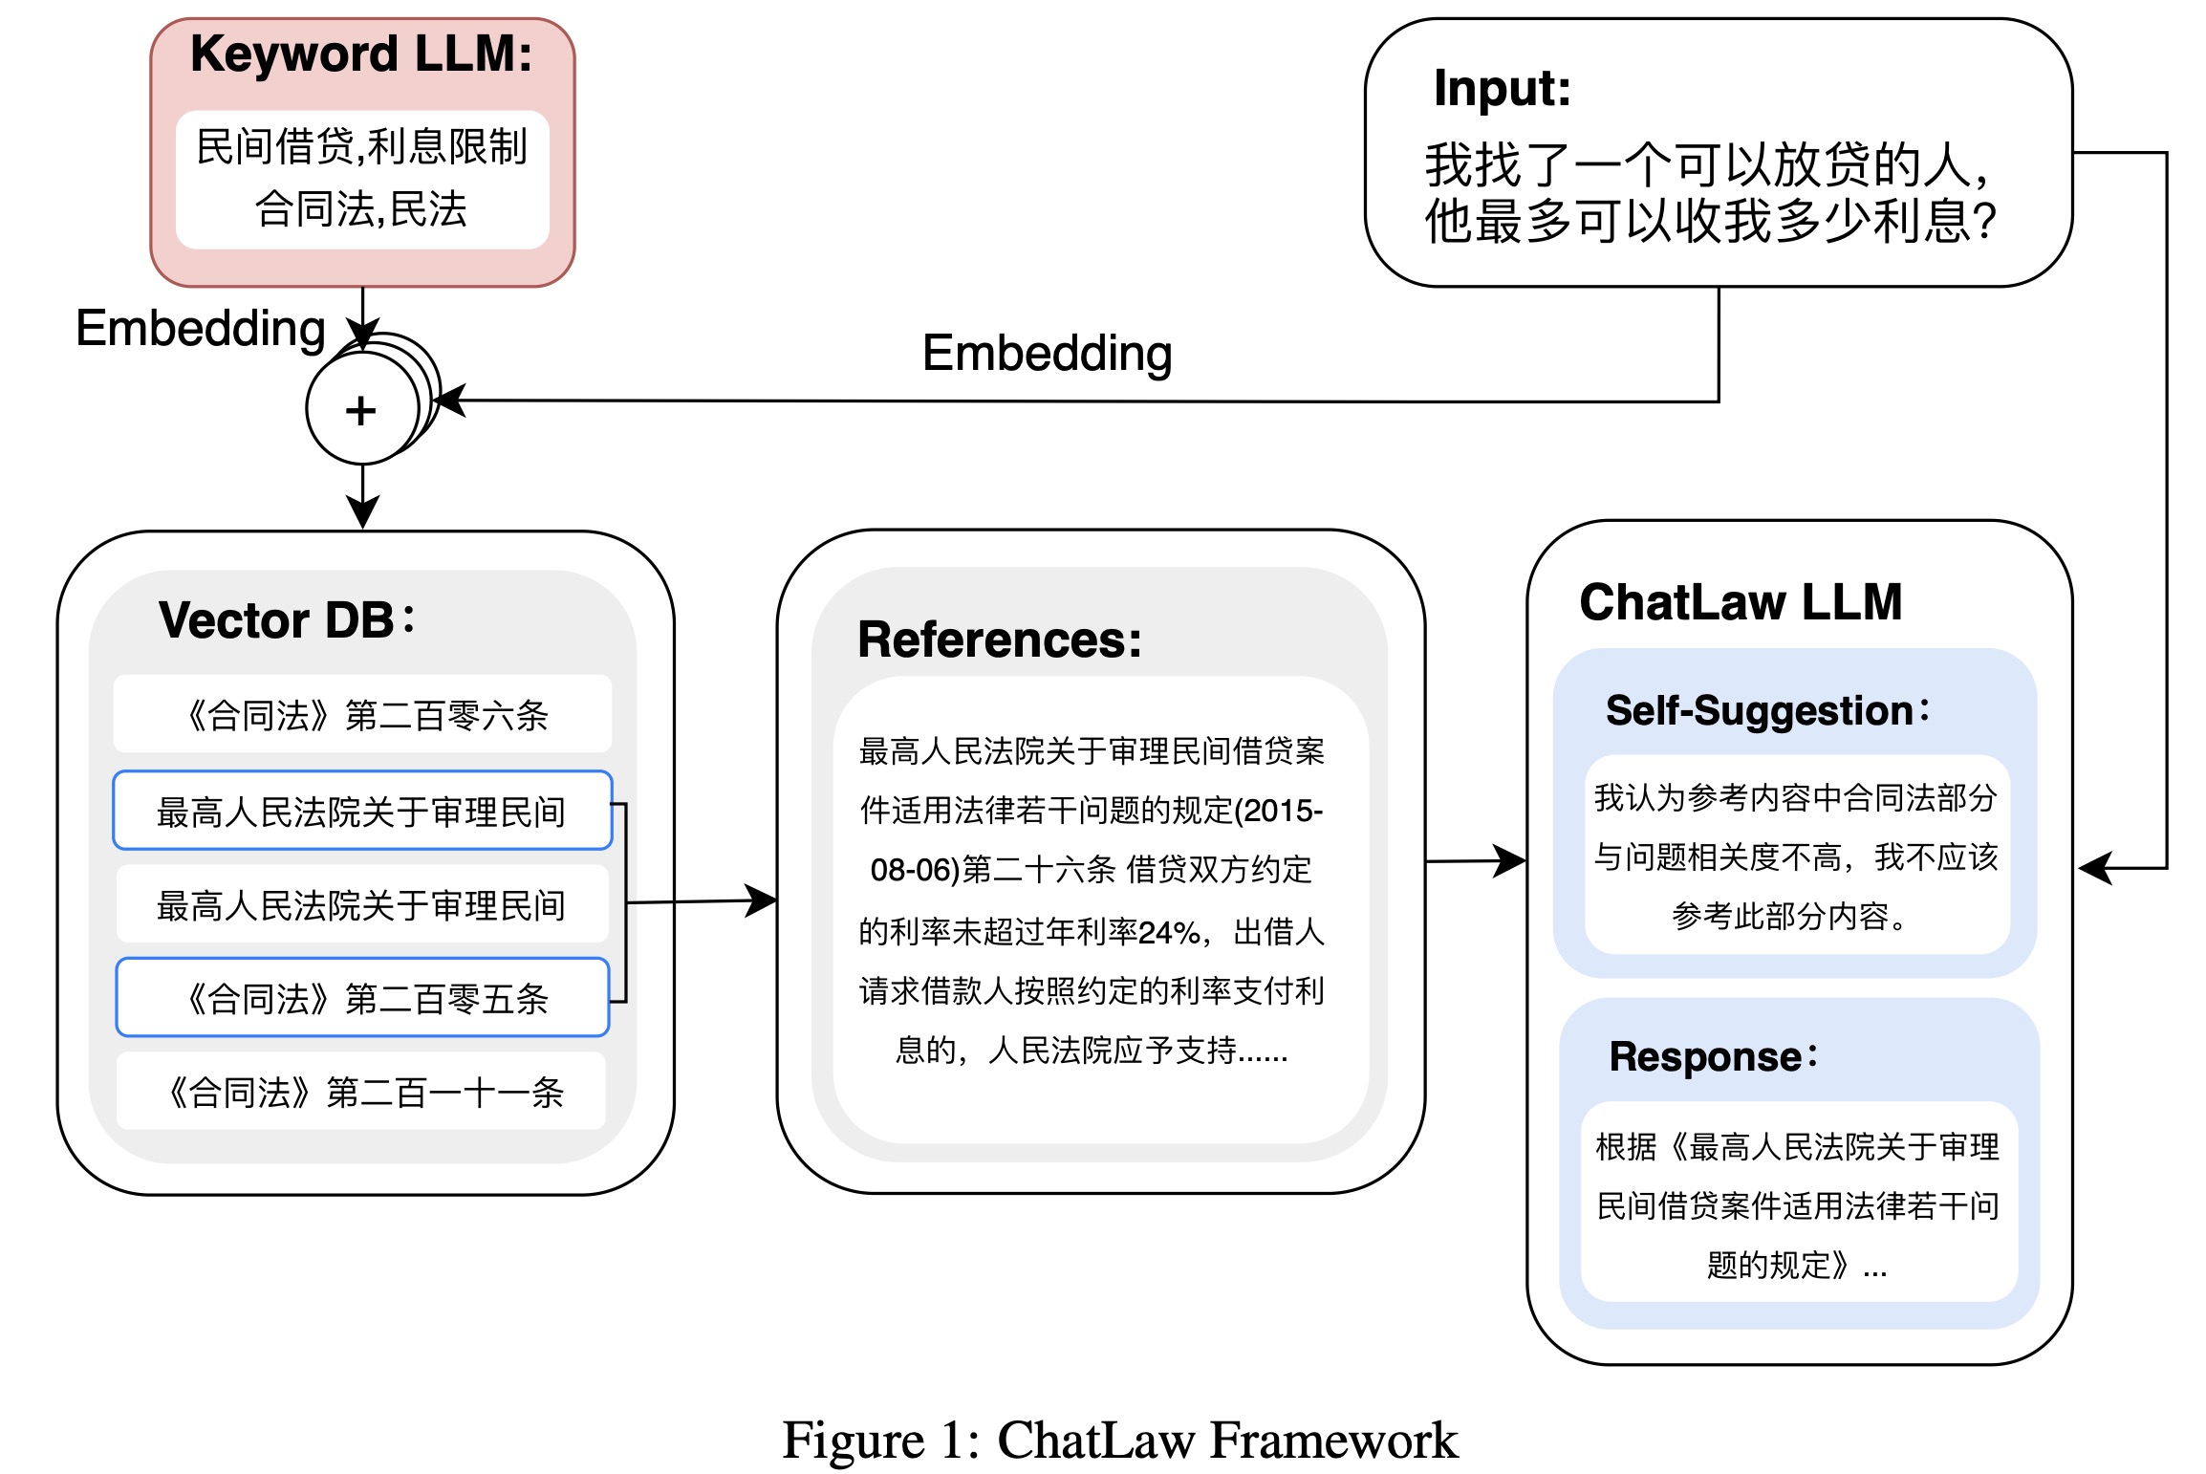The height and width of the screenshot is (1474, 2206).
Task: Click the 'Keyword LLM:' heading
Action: [361, 54]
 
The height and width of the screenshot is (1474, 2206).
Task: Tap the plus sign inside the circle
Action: [360, 411]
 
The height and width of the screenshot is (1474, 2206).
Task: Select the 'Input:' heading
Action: [1503, 89]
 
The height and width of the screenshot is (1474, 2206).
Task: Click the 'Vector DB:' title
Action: [287, 619]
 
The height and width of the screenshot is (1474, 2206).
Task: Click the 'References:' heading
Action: [1000, 639]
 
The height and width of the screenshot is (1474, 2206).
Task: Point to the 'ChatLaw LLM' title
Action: [1741, 602]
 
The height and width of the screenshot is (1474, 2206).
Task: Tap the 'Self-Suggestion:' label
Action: [1768, 711]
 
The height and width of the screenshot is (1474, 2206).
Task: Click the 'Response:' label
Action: [1714, 1056]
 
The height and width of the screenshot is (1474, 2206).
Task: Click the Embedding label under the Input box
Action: [1048, 354]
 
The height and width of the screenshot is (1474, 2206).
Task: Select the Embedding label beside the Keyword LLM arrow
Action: [201, 329]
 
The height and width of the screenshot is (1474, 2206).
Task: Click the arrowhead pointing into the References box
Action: [763, 900]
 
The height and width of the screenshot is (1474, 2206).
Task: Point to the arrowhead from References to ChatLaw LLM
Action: [1510, 860]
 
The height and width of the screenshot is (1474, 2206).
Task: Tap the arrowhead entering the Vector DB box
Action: [362, 512]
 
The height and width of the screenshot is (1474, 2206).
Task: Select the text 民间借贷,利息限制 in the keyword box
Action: [361, 147]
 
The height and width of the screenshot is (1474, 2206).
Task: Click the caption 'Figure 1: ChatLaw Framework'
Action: [1120, 1440]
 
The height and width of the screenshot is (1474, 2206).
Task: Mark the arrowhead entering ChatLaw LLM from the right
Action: [2095, 868]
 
